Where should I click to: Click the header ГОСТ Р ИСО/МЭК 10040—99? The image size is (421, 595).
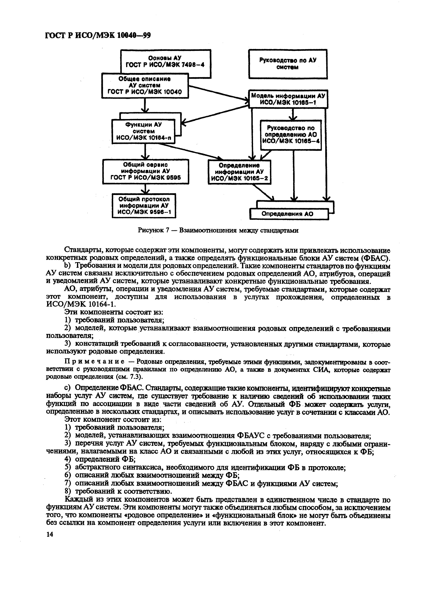pos(98,36)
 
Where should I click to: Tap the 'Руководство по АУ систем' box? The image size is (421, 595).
pos(288,64)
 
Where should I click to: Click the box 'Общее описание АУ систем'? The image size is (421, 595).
pos(145,85)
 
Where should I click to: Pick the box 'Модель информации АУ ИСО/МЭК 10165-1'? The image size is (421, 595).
pos(288,99)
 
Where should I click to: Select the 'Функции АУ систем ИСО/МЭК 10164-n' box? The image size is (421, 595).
pos(143,131)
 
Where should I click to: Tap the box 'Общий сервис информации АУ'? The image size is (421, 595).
pos(145,171)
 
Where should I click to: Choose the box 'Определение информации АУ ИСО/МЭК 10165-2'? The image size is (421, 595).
pos(239,172)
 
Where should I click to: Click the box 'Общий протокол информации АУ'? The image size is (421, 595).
pos(144,206)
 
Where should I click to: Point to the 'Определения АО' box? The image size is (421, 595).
pos(289,214)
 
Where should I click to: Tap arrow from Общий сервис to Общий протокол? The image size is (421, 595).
pos(145,189)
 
